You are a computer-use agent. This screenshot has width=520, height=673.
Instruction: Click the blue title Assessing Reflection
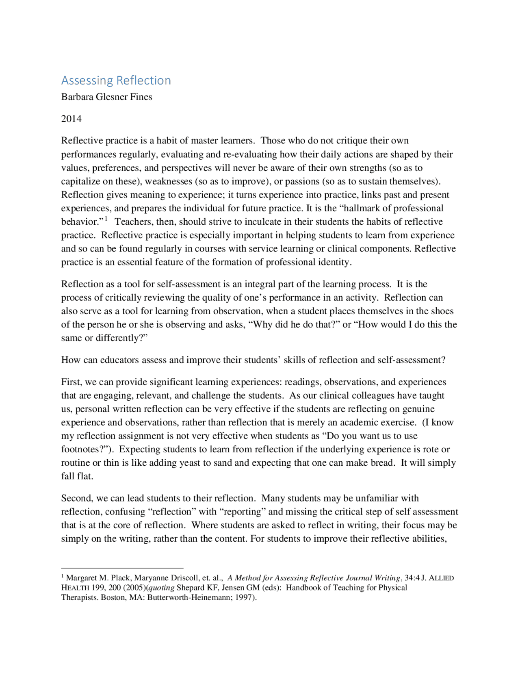coord(116,80)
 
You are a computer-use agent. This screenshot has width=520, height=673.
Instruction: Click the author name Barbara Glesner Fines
coord(106,97)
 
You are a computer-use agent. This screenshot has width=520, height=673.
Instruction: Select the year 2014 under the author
coord(71,119)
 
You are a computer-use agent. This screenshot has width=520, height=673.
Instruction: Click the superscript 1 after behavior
coord(106,219)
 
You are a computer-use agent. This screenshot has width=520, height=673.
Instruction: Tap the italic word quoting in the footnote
coord(161,588)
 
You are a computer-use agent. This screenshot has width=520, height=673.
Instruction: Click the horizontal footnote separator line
coord(122,568)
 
